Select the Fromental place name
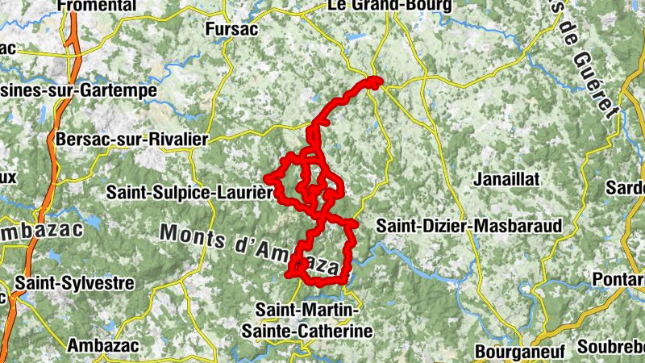click(97, 6)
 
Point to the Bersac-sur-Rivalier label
click(131, 139)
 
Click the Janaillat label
click(508, 178)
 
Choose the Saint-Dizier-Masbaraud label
click(468, 226)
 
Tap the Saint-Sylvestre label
click(74, 284)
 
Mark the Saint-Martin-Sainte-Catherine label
click(314, 319)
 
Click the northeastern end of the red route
click(376, 80)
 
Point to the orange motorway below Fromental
click(75, 44)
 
